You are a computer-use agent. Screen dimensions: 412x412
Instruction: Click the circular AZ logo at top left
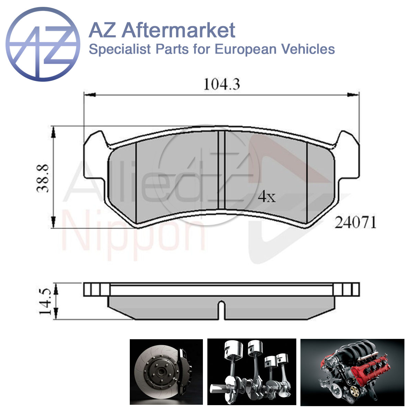(43, 44)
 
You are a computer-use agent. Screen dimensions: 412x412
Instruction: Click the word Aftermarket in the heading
(179, 31)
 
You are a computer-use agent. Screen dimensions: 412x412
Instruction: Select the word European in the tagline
(245, 49)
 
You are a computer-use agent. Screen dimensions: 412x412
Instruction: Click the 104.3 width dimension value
(222, 84)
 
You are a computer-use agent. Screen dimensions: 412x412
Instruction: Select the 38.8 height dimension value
(43, 179)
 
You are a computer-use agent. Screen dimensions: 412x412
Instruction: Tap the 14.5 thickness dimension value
(45, 302)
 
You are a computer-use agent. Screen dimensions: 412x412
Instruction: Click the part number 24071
(355, 223)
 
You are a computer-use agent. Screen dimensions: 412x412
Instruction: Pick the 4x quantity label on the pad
(267, 197)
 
